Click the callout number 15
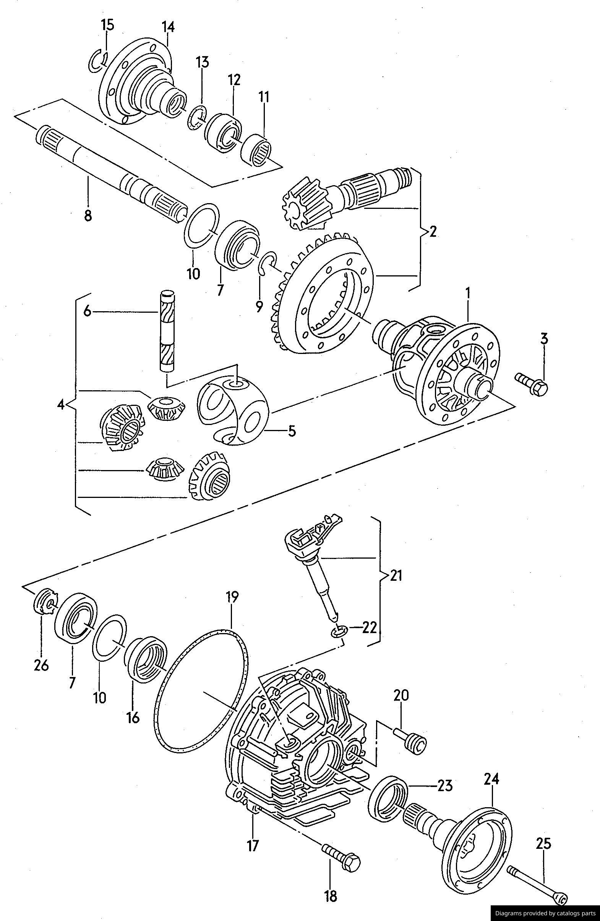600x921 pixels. [x=107, y=26]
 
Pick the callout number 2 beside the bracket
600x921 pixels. [x=433, y=231]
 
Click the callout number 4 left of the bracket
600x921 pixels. [x=61, y=405]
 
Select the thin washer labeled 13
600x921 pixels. [x=196, y=118]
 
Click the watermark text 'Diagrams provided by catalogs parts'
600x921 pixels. [x=545, y=910]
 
